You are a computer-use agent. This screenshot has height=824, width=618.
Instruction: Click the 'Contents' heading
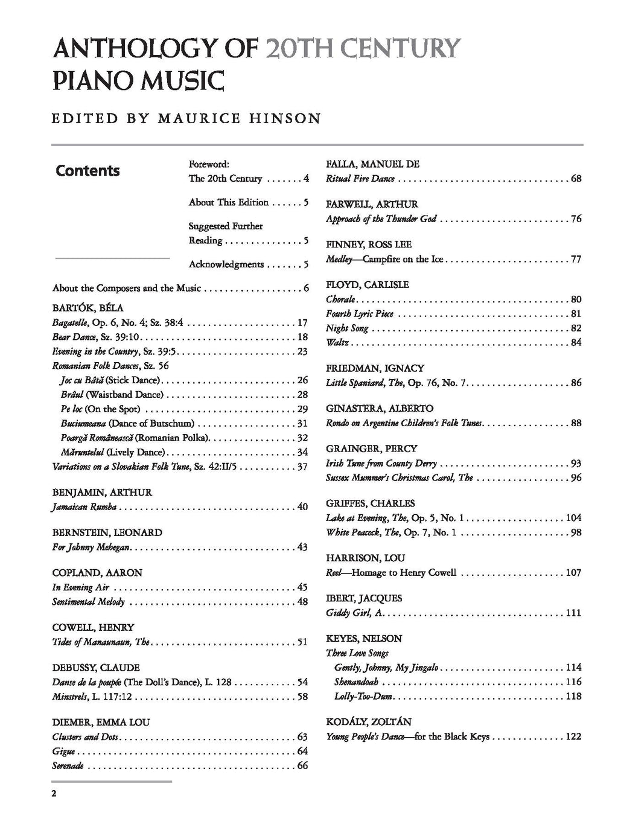tap(88, 171)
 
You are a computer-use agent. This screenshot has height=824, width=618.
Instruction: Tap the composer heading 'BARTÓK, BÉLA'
tap(88, 308)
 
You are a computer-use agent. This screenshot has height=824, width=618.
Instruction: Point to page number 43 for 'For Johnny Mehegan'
tap(302, 547)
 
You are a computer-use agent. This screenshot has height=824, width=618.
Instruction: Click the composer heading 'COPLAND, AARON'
tap(97, 573)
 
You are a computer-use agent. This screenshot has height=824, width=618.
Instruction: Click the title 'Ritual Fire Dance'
tap(360, 179)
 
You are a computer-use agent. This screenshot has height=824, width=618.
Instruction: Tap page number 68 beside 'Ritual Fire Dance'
tap(576, 179)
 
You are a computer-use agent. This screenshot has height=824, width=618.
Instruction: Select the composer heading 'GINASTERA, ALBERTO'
tap(380, 409)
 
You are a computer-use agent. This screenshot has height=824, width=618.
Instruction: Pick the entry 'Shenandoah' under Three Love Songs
tap(356, 682)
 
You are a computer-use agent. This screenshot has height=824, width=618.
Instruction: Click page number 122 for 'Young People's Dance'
tap(573, 736)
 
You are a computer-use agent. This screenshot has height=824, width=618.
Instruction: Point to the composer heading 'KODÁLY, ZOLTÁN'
tap(369, 722)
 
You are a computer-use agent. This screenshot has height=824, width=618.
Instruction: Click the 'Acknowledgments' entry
tap(226, 264)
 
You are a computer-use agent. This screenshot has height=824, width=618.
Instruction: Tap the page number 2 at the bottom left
tap(54, 793)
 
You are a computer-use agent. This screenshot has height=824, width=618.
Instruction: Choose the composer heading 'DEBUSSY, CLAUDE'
tap(96, 668)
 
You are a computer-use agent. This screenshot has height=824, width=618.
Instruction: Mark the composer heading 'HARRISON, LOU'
tap(366, 558)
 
